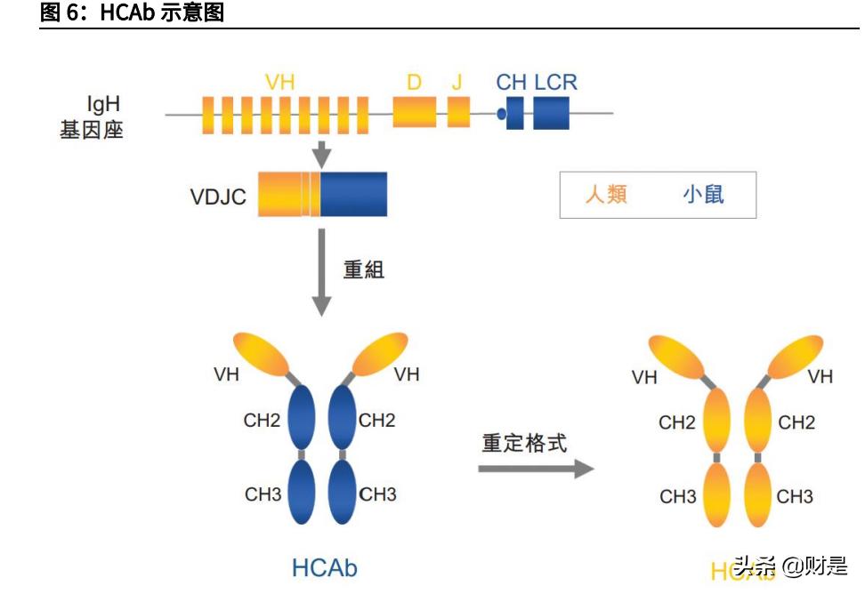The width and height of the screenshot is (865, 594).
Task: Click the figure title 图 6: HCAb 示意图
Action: pyautogui.click(x=133, y=12)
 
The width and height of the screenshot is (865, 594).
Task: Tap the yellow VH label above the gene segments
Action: pyautogui.click(x=279, y=83)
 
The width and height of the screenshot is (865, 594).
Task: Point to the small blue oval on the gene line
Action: pyautogui.click(x=502, y=114)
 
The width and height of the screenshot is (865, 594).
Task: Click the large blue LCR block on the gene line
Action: pyautogui.click(x=551, y=114)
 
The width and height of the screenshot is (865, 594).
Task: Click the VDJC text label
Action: pyautogui.click(x=218, y=197)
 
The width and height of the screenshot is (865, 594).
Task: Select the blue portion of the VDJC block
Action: pyautogui.click(x=353, y=195)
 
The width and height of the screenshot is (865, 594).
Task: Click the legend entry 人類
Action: pyautogui.click(x=606, y=195)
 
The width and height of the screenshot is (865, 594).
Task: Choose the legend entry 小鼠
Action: pyautogui.click(x=703, y=195)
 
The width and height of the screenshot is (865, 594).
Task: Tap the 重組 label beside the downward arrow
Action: pyautogui.click(x=364, y=269)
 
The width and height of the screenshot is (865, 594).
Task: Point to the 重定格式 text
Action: pyautogui.click(x=524, y=443)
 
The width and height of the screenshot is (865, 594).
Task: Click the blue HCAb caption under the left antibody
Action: pyautogui.click(x=324, y=567)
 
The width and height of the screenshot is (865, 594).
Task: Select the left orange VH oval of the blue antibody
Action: pyautogui.click(x=263, y=354)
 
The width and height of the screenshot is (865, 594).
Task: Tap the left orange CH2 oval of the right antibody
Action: pyautogui.click(x=717, y=421)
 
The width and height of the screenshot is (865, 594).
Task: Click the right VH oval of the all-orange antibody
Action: pyautogui.click(x=794, y=357)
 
